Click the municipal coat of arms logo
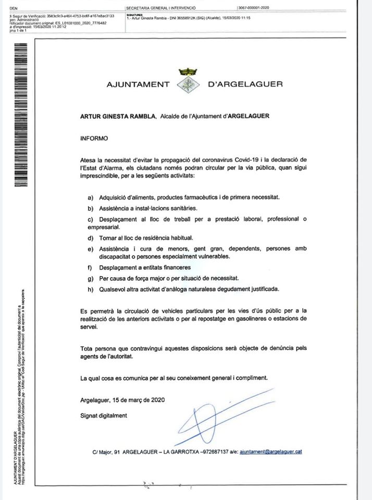point(186,81)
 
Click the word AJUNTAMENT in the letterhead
point(138,83)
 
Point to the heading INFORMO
point(94,139)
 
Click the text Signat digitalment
point(104,416)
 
